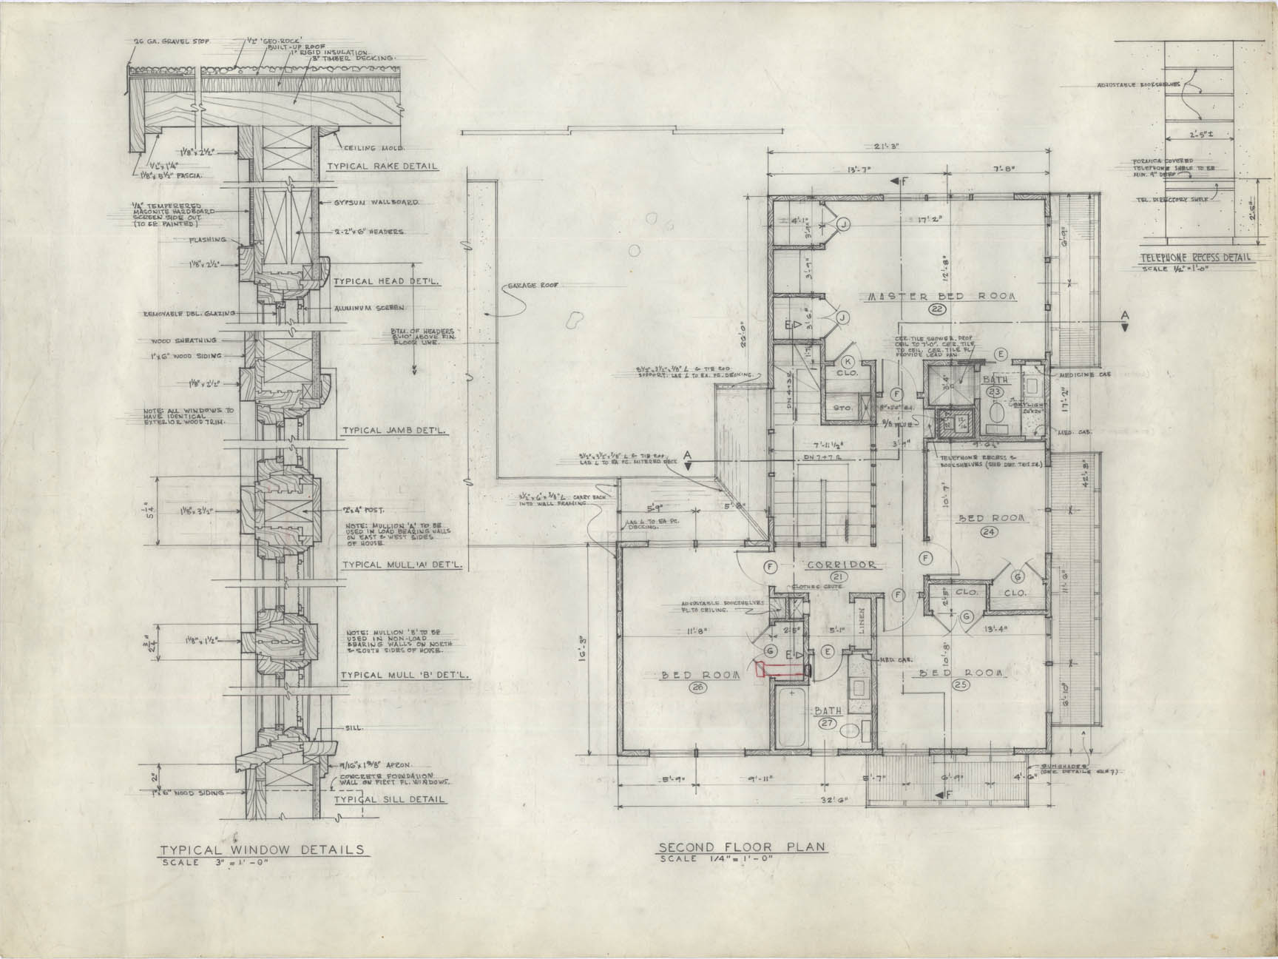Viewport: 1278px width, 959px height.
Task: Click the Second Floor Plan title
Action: point(742,847)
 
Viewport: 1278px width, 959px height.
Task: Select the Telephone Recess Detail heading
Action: point(1194,258)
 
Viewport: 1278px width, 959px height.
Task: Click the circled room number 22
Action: point(939,309)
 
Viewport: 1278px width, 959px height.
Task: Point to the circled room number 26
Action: point(696,687)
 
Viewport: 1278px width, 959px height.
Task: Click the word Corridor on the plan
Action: point(841,565)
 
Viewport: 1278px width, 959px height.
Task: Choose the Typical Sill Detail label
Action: point(390,799)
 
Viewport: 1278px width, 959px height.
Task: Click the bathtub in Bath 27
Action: point(792,716)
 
